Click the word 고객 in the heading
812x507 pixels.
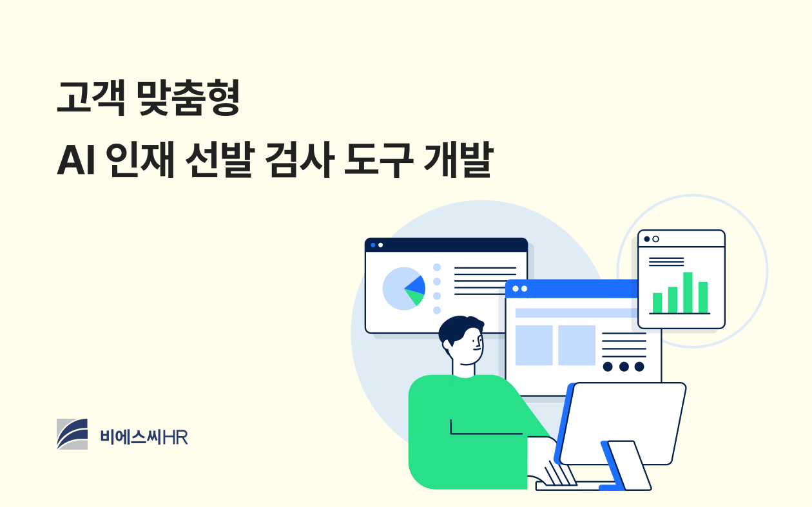click(x=92, y=98)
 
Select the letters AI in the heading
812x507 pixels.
click(x=76, y=160)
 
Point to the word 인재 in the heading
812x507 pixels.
click(x=140, y=160)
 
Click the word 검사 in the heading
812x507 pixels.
click(x=300, y=160)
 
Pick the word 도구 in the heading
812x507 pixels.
click(x=378, y=160)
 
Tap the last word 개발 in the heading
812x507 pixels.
click(x=458, y=160)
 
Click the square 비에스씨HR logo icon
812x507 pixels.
click(x=72, y=434)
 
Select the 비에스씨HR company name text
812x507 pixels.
click(x=144, y=437)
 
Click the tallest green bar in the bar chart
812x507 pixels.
click(x=688, y=292)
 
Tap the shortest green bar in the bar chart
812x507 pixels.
click(x=657, y=303)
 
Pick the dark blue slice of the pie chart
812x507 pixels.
click(x=416, y=285)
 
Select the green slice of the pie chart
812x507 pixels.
click(x=416, y=297)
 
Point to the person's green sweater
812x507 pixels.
click(x=471, y=431)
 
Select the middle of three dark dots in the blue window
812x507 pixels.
click(x=624, y=367)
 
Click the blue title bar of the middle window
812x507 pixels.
click(x=572, y=289)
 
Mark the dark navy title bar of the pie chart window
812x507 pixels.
click(x=446, y=245)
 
